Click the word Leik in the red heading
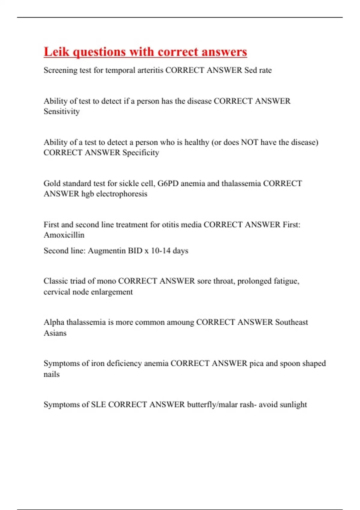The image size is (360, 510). (57, 52)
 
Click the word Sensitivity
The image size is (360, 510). (61, 111)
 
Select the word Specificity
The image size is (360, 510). (141, 153)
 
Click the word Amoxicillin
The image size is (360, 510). (64, 235)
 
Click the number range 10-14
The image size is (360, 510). (160, 250)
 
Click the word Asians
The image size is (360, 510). (55, 333)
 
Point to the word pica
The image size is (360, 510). (256, 363)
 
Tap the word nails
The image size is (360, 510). (52, 374)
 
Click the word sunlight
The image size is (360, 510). (293, 404)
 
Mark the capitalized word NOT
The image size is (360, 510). (250, 142)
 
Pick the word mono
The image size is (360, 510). (106, 281)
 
